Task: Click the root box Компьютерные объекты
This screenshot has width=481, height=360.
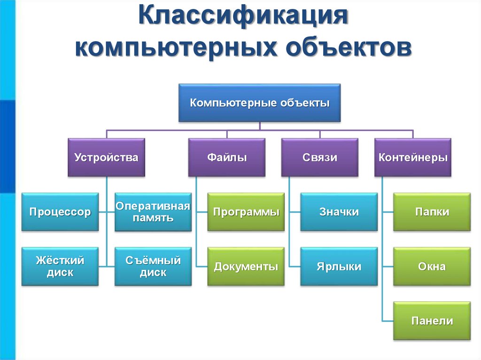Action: pos(259,103)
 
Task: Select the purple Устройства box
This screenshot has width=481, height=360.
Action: pos(106,157)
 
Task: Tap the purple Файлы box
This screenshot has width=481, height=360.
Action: pos(227,157)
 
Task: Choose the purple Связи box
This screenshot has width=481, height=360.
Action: pos(320,157)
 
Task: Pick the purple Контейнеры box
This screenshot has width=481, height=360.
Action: pos(413,157)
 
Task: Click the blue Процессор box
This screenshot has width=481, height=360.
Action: pos(60,212)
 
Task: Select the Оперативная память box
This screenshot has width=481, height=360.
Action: pos(153,212)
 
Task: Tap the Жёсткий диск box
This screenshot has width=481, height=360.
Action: pos(60,266)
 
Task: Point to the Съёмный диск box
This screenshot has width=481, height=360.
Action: pos(153,266)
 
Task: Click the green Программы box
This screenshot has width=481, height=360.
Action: pos(246,212)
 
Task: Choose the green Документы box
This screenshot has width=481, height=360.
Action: pos(246,267)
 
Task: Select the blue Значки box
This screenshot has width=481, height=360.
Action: pos(339,212)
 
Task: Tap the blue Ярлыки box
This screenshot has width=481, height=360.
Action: pos(339,267)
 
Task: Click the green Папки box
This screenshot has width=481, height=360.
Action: pos(432,212)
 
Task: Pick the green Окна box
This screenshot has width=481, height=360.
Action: pos(432,267)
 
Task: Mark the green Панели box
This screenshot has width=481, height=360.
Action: pos(432,321)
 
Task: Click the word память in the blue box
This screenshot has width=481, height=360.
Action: pos(153,218)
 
